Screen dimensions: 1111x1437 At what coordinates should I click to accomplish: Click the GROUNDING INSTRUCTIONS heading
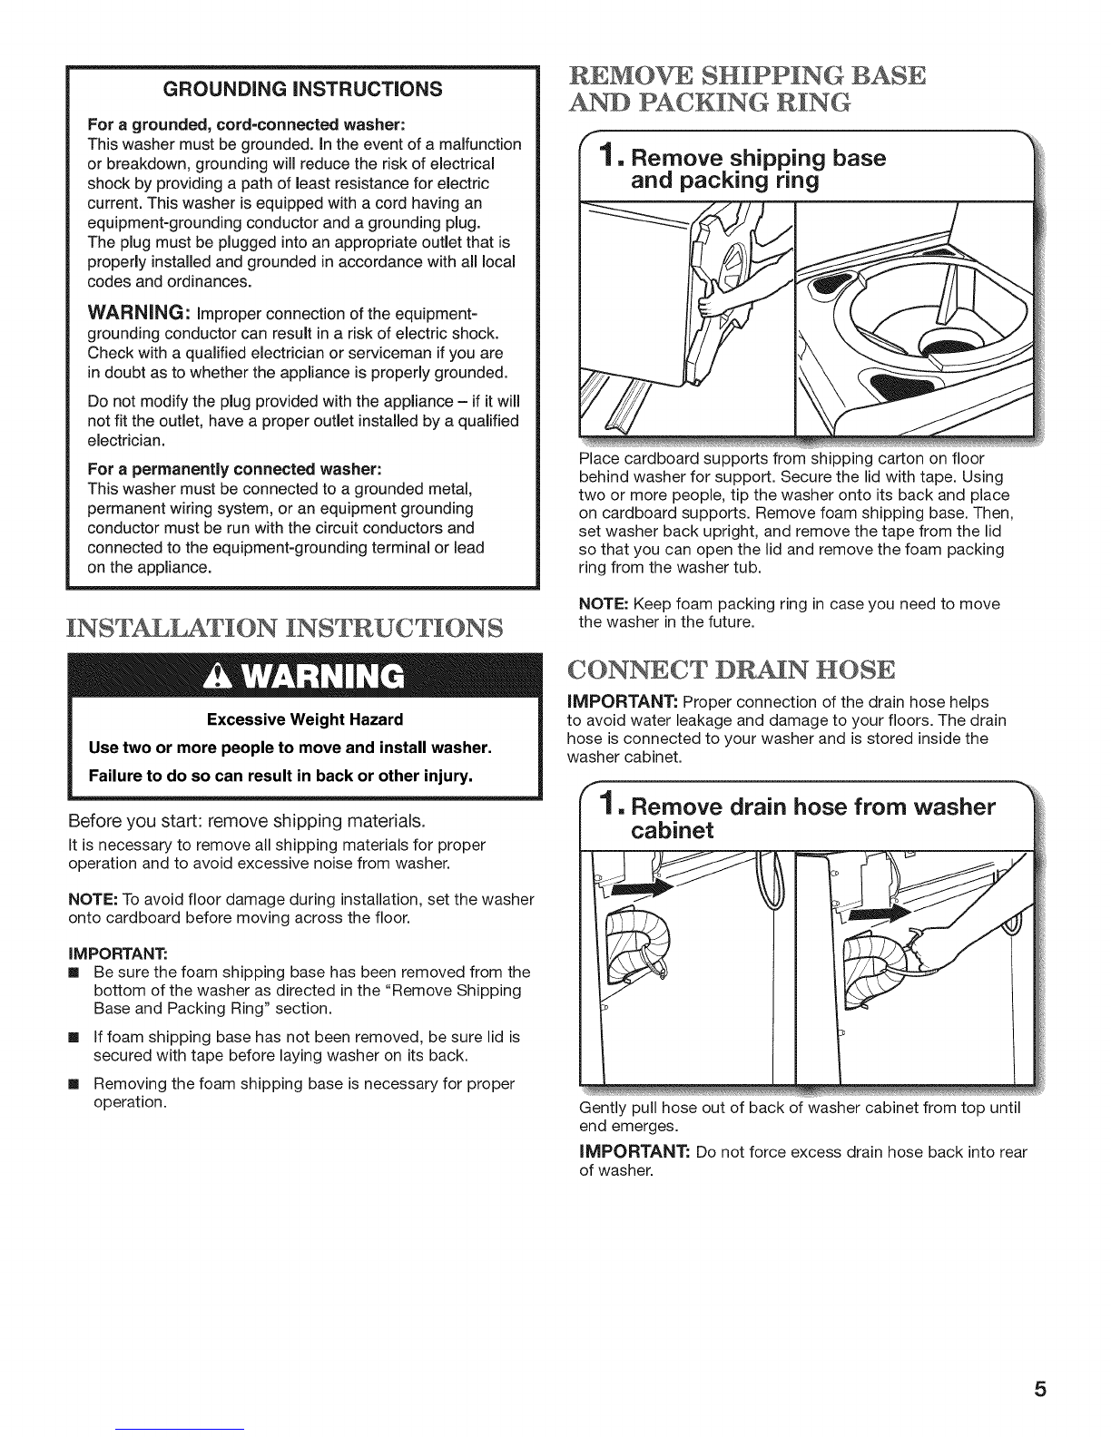pyautogui.click(x=302, y=89)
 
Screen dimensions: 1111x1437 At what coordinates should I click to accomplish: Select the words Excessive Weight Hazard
pyautogui.click(x=305, y=719)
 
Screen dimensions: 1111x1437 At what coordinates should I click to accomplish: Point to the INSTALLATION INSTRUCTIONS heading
pyautogui.click(x=285, y=628)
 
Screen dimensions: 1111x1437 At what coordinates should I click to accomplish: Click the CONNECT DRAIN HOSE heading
pyautogui.click(x=732, y=670)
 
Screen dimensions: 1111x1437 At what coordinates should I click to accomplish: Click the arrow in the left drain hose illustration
pyautogui.click(x=643, y=887)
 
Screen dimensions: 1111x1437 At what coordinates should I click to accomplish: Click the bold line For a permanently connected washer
pyautogui.click(x=235, y=470)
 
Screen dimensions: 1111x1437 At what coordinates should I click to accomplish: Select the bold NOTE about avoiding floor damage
pyautogui.click(x=93, y=899)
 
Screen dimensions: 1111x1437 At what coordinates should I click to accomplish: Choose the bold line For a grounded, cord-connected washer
pyautogui.click(x=246, y=125)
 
